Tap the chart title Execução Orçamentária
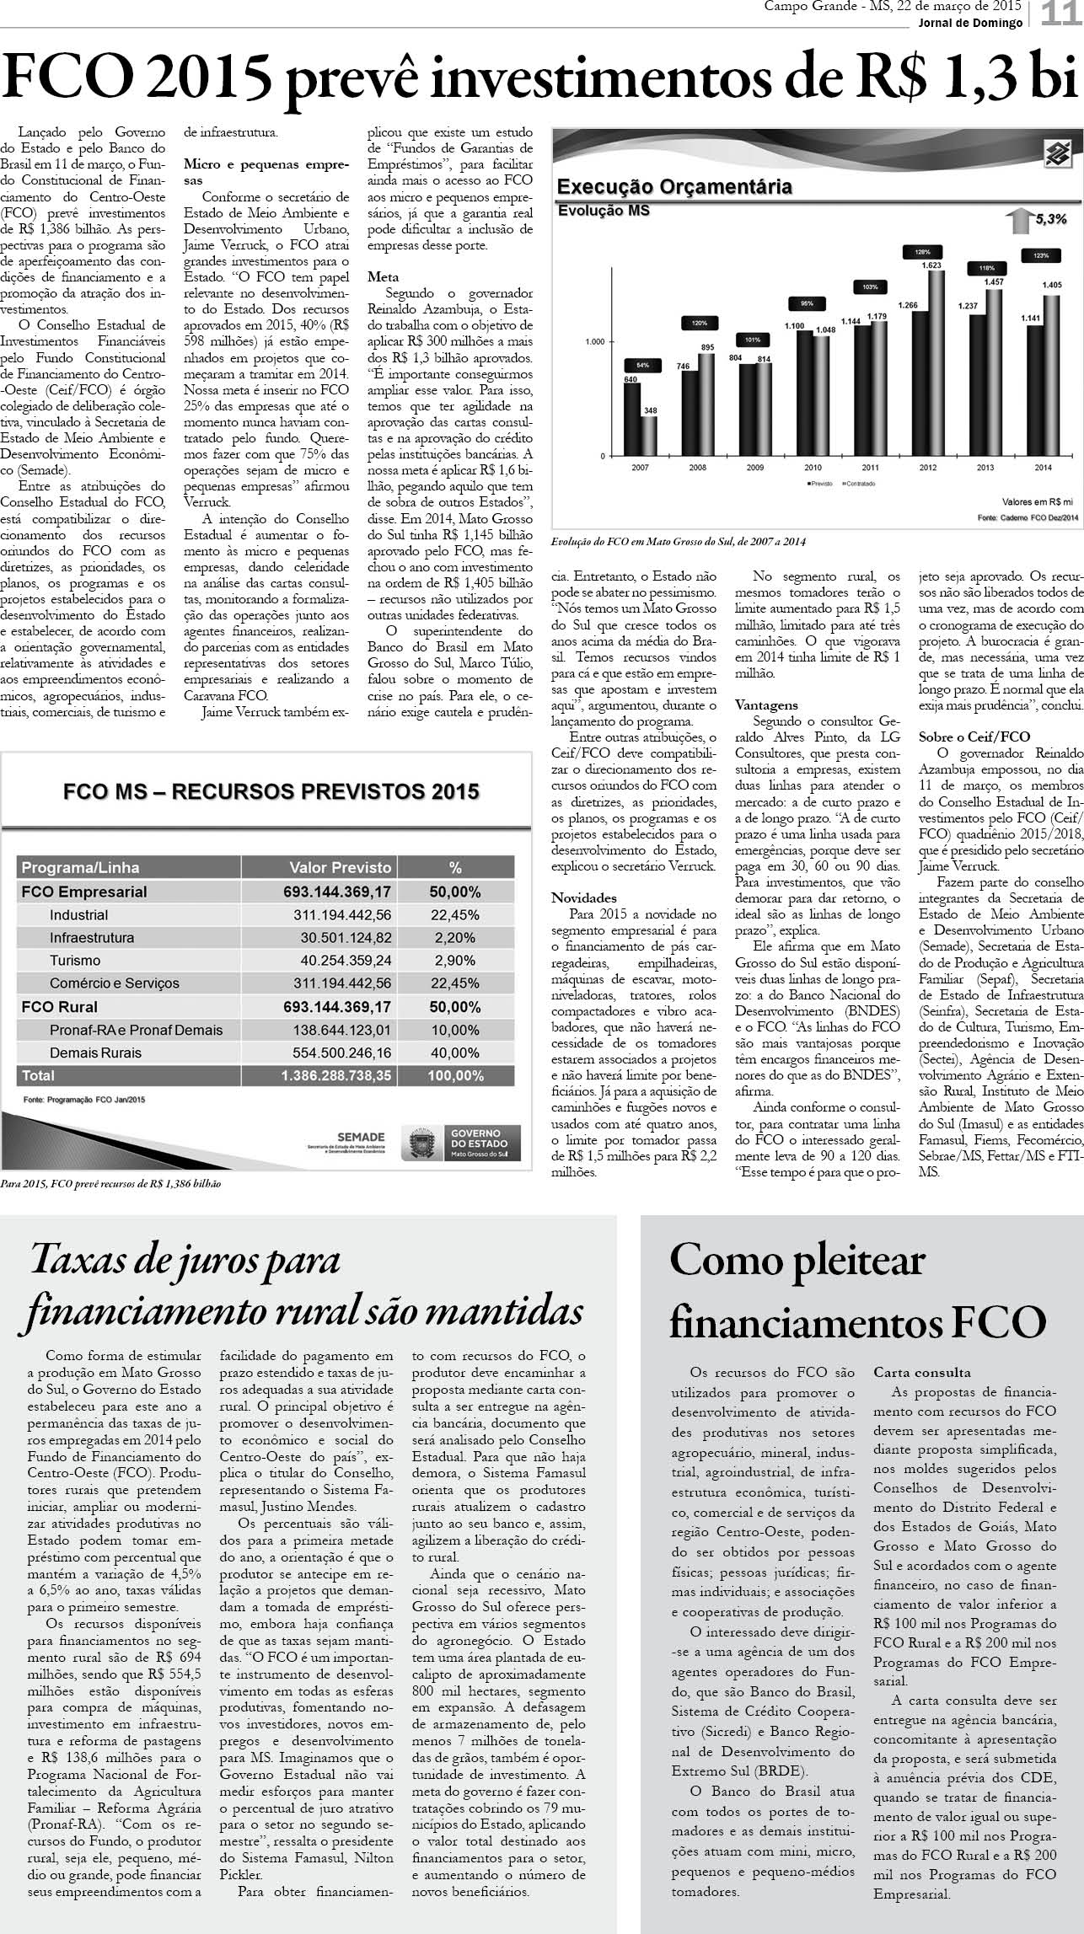click(674, 186)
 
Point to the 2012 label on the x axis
click(927, 467)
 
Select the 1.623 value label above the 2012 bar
click(931, 265)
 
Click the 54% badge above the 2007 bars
click(641, 365)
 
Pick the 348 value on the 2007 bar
click(650, 410)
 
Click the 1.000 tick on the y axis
click(593, 342)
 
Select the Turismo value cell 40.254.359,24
click(346, 960)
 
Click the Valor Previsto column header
click(341, 867)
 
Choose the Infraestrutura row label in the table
click(91, 937)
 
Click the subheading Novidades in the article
click(584, 897)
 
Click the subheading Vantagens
click(766, 704)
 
